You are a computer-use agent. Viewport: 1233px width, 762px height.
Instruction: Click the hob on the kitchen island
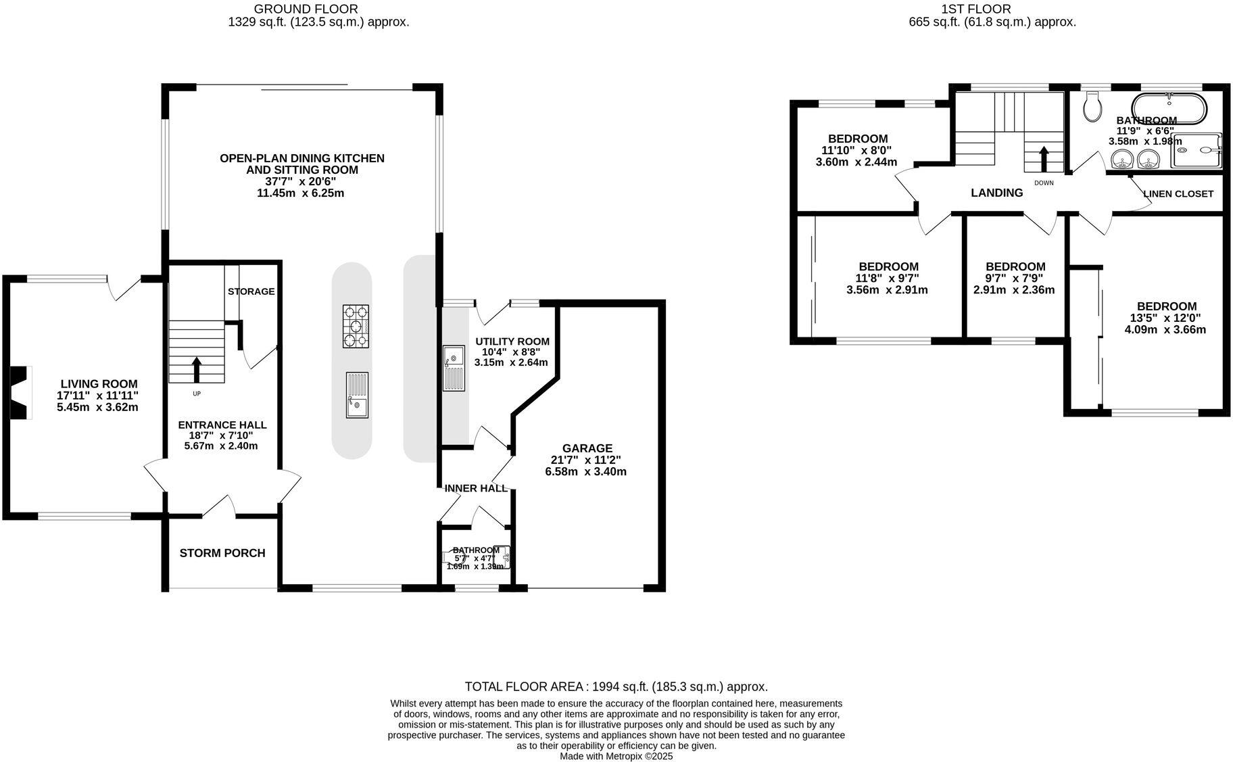click(x=356, y=327)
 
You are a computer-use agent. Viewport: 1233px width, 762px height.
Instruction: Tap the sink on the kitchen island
click(x=357, y=395)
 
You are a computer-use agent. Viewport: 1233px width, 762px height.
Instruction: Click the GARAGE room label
click(x=587, y=448)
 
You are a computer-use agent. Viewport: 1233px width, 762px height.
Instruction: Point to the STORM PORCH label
click(x=222, y=553)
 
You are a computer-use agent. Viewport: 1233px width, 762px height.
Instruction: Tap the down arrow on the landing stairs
click(x=1043, y=160)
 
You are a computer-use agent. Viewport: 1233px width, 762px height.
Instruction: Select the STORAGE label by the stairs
click(x=251, y=291)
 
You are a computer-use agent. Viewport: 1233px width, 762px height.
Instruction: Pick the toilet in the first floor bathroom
click(x=1092, y=108)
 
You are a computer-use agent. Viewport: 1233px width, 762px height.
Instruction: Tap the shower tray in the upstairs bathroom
click(x=1196, y=150)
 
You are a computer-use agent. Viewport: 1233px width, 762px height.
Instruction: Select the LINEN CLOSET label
click(x=1178, y=194)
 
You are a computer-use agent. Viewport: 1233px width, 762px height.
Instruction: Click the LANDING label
click(x=996, y=193)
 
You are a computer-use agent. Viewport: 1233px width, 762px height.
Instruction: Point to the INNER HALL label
click(x=475, y=488)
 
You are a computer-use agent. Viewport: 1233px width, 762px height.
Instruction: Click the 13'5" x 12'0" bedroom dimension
click(x=1165, y=318)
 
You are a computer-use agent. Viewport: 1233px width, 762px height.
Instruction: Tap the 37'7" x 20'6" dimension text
click(x=301, y=181)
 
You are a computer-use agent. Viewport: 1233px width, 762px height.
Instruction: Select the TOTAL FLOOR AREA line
click(x=616, y=687)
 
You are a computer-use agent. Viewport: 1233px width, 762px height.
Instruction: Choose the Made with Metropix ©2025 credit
click(x=616, y=757)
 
